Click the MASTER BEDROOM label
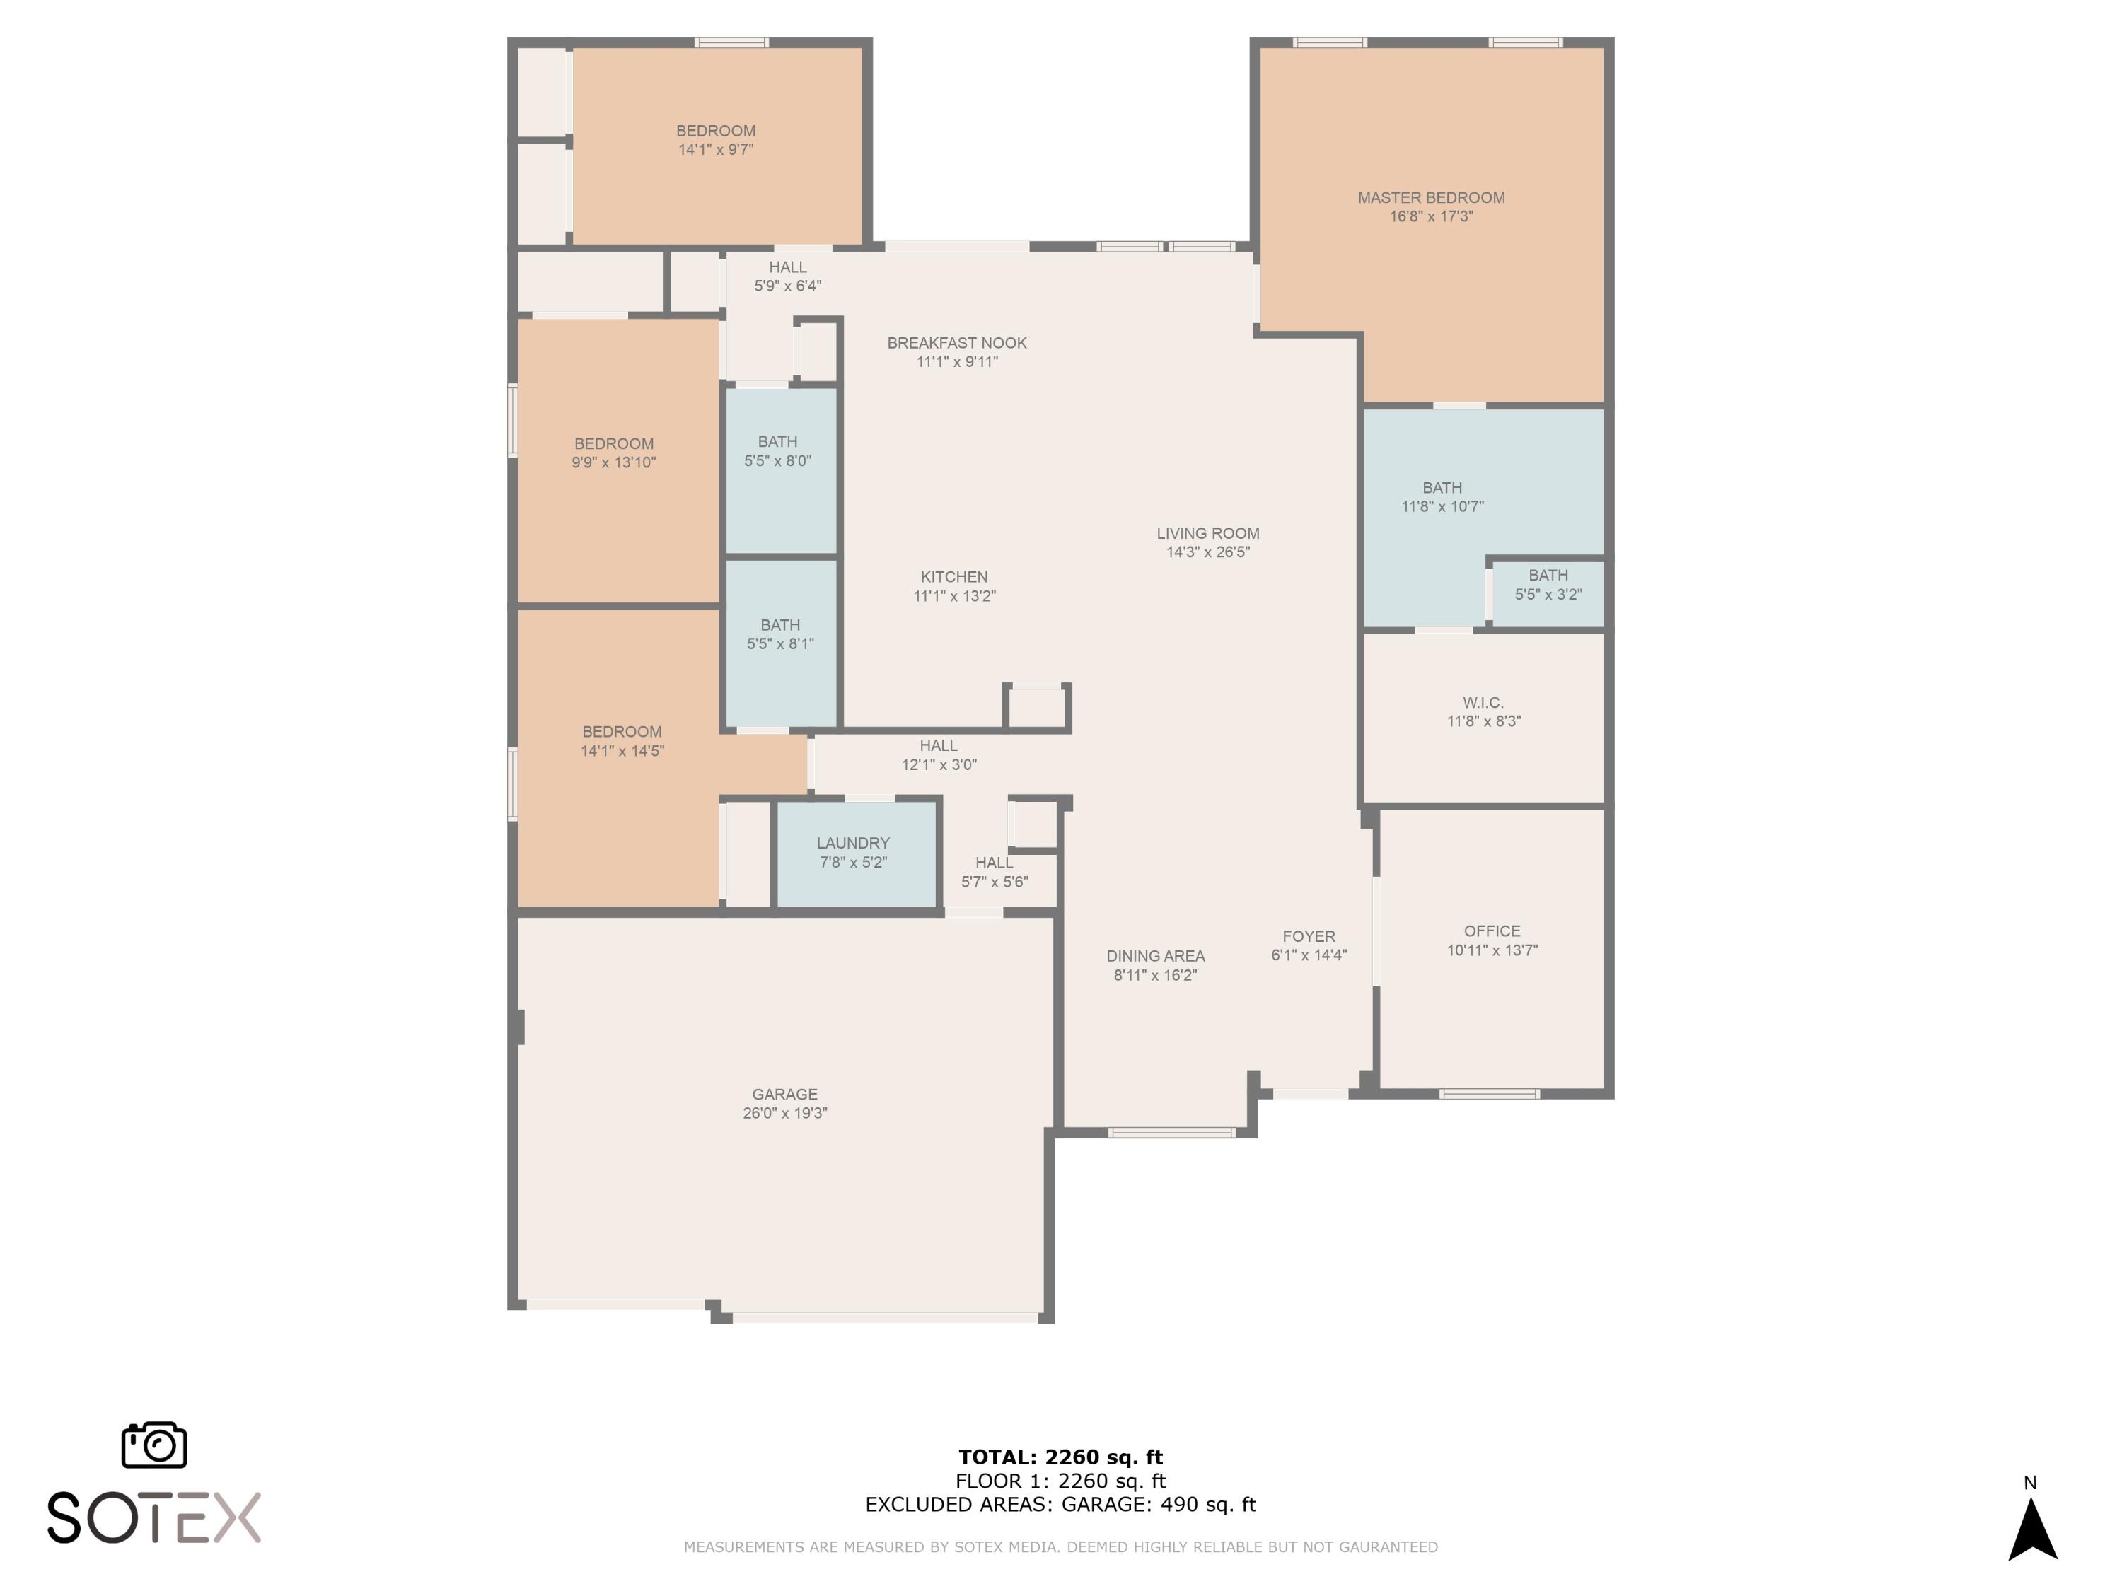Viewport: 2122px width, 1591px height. (1430, 197)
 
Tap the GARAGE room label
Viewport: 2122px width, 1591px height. (784, 1094)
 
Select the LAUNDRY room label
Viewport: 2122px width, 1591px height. (853, 843)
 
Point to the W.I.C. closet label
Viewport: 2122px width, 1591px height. (1483, 703)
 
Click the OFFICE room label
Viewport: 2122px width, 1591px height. (1492, 931)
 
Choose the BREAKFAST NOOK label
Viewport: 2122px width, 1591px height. (956, 344)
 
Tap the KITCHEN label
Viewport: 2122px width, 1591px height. (953, 577)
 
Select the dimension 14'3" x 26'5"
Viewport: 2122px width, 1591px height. (1208, 552)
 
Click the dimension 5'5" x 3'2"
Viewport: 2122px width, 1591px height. (1548, 595)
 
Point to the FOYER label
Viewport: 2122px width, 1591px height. (1309, 937)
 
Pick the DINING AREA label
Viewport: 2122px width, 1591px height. (1155, 956)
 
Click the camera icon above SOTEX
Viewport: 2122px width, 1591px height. (154, 1444)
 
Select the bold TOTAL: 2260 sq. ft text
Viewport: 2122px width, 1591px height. (1060, 1457)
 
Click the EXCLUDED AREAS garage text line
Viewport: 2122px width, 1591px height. (1060, 1505)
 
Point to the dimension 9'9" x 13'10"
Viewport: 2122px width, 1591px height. (613, 462)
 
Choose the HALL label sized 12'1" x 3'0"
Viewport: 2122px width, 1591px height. (938, 746)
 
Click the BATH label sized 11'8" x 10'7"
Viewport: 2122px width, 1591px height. (1442, 488)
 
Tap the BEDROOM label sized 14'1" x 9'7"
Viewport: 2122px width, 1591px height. (716, 132)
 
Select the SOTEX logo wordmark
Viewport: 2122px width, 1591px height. (154, 1517)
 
